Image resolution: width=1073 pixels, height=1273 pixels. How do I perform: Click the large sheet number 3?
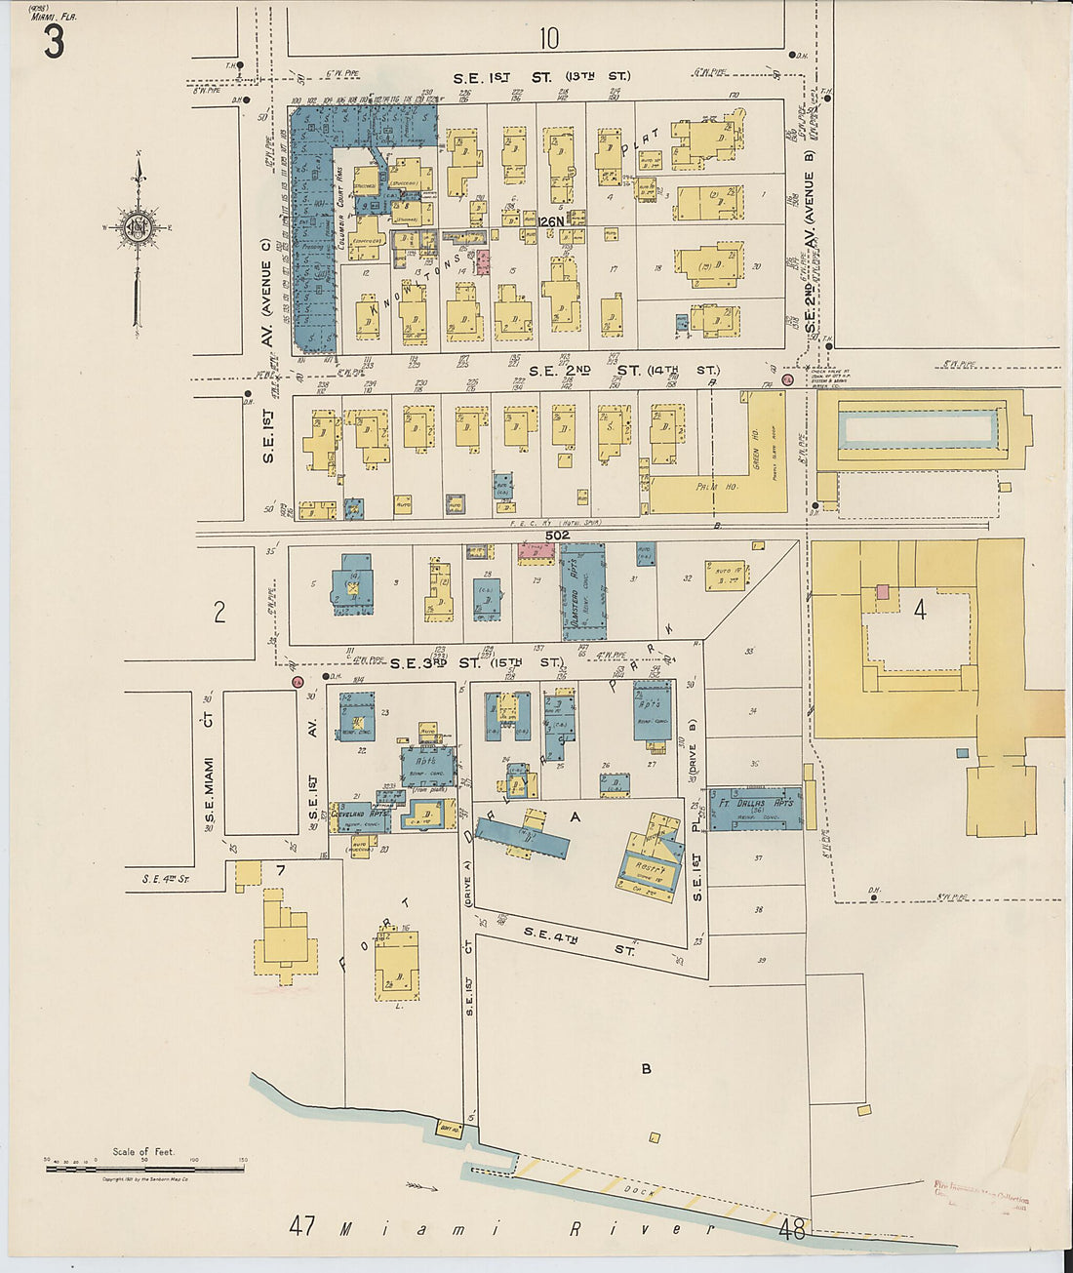pyautogui.click(x=53, y=41)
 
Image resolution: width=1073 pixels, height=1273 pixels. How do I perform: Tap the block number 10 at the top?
pyautogui.click(x=549, y=38)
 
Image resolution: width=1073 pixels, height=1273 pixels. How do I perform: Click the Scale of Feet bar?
pyautogui.click(x=144, y=1168)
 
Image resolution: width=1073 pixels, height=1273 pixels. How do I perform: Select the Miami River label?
pyautogui.click(x=527, y=1228)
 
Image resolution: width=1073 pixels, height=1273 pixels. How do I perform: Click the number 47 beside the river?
pyautogui.click(x=302, y=1225)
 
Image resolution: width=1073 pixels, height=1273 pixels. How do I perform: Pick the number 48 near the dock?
pyautogui.click(x=792, y=1229)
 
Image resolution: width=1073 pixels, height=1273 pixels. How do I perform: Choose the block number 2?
pyautogui.click(x=219, y=612)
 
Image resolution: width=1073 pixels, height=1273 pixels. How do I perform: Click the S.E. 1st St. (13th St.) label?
pyautogui.click(x=541, y=76)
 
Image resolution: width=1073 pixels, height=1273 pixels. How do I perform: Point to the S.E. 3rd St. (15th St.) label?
pyautogui.click(x=476, y=663)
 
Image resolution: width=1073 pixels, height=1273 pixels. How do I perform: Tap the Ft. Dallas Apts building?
pyautogui.click(x=755, y=808)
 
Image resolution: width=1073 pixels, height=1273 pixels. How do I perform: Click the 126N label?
pyautogui.click(x=552, y=221)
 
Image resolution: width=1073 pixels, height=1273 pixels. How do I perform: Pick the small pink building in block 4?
pyautogui.click(x=883, y=591)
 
